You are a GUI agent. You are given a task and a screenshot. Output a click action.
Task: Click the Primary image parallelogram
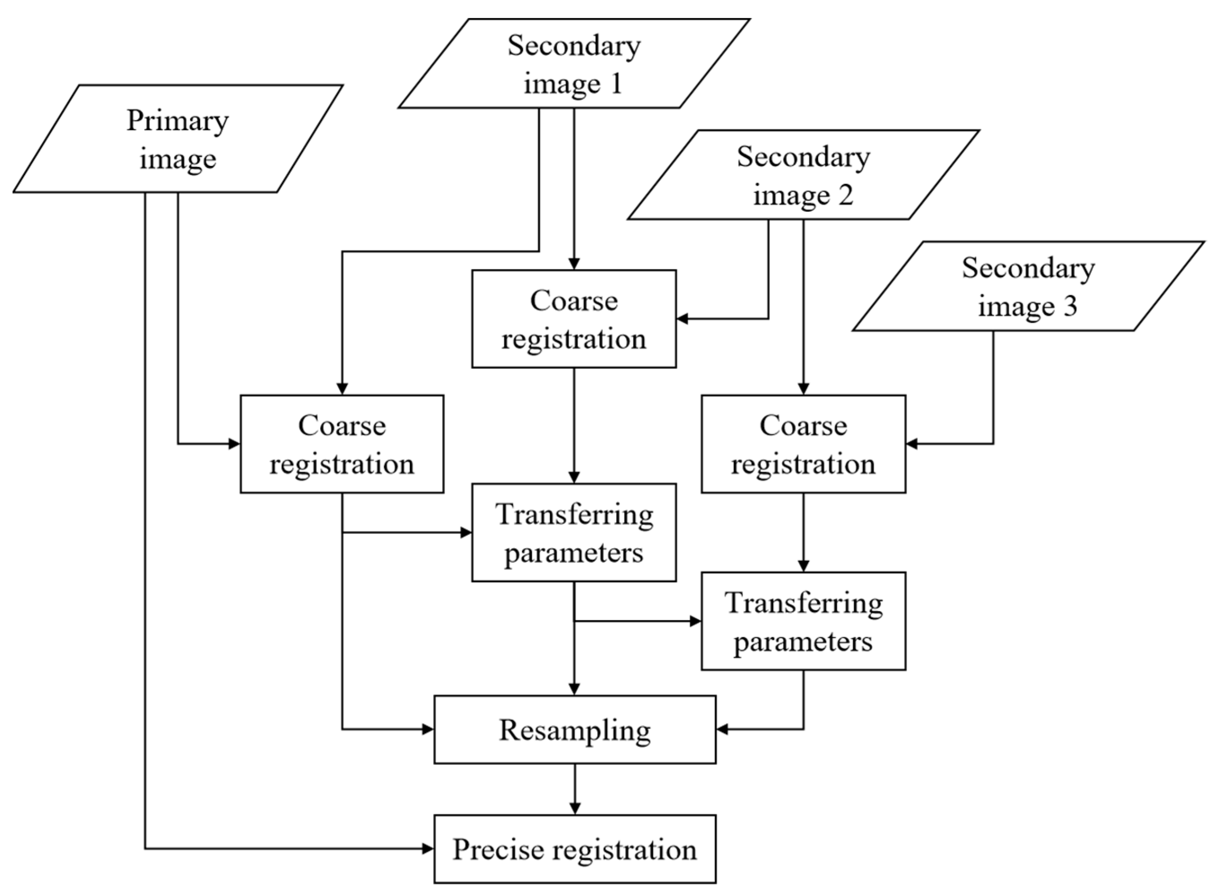[178, 138]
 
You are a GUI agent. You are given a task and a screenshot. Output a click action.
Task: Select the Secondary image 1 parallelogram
[574, 63]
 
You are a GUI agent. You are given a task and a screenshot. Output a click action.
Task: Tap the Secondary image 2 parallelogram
[803, 175]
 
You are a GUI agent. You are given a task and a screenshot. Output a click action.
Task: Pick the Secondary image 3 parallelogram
[1028, 286]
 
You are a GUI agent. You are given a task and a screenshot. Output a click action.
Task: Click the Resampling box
[574, 730]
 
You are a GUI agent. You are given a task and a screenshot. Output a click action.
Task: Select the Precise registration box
[574, 849]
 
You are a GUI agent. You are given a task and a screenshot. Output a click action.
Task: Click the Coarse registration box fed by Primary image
[342, 444]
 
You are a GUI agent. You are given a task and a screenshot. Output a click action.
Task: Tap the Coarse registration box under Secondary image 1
[574, 319]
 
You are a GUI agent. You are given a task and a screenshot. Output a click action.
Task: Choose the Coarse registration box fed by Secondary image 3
[803, 444]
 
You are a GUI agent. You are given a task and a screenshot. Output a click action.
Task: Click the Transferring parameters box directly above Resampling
[574, 533]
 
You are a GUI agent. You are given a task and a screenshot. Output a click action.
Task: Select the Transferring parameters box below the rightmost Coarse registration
[803, 621]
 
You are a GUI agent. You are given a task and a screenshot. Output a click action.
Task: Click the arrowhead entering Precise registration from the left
[428, 849]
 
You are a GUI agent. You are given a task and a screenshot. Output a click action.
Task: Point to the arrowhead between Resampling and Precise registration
[574, 808]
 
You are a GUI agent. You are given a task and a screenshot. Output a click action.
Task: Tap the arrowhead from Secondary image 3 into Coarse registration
[912, 444]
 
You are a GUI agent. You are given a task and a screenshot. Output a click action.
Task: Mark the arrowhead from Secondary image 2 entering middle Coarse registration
[683, 319]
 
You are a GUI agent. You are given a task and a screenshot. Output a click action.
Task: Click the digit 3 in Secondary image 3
[1070, 306]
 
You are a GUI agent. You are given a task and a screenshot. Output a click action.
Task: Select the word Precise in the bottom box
[498, 849]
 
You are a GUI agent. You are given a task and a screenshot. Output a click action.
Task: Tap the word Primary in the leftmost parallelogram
[178, 120]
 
